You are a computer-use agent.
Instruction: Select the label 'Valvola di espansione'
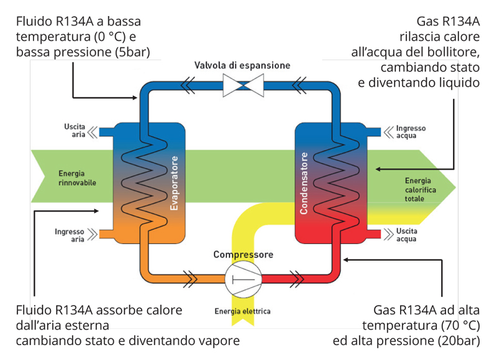pos(242,65)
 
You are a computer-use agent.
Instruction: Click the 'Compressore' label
pos(243,254)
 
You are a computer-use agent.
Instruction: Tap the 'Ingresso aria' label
pos(69,235)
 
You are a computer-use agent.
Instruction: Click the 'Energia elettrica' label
pos(242,311)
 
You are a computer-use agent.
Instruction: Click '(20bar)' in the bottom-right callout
pos(457,341)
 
